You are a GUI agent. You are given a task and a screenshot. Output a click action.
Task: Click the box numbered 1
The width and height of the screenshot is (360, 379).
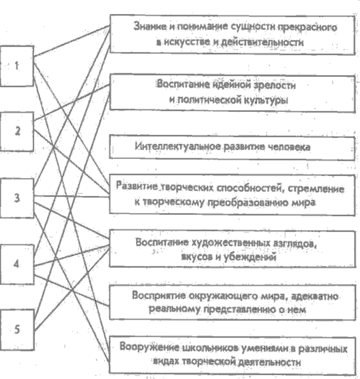(17, 65)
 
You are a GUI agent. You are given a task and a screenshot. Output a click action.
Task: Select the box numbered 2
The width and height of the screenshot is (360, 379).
(17, 132)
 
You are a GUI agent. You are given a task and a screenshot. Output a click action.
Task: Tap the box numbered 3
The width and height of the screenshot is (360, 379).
(17, 198)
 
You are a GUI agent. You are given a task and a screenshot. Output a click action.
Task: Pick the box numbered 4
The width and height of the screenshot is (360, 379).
(17, 264)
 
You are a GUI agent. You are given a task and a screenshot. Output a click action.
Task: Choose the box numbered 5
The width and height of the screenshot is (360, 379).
(17, 329)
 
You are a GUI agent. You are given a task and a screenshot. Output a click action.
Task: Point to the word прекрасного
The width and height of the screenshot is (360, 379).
(307, 27)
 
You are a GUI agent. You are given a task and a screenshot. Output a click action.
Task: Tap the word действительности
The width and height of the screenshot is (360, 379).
(263, 42)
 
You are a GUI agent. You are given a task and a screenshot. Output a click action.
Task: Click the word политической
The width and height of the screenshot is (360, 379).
(209, 100)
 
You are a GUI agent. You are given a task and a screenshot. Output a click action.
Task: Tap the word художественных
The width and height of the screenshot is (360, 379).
(231, 242)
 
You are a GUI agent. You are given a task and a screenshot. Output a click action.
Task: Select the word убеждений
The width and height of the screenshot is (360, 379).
(250, 257)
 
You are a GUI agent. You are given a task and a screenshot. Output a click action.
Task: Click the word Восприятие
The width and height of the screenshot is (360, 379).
(158, 295)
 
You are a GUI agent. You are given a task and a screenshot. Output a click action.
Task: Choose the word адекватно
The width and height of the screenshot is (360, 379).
(315, 296)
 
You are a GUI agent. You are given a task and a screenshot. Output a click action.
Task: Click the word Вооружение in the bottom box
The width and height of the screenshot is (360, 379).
(149, 347)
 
